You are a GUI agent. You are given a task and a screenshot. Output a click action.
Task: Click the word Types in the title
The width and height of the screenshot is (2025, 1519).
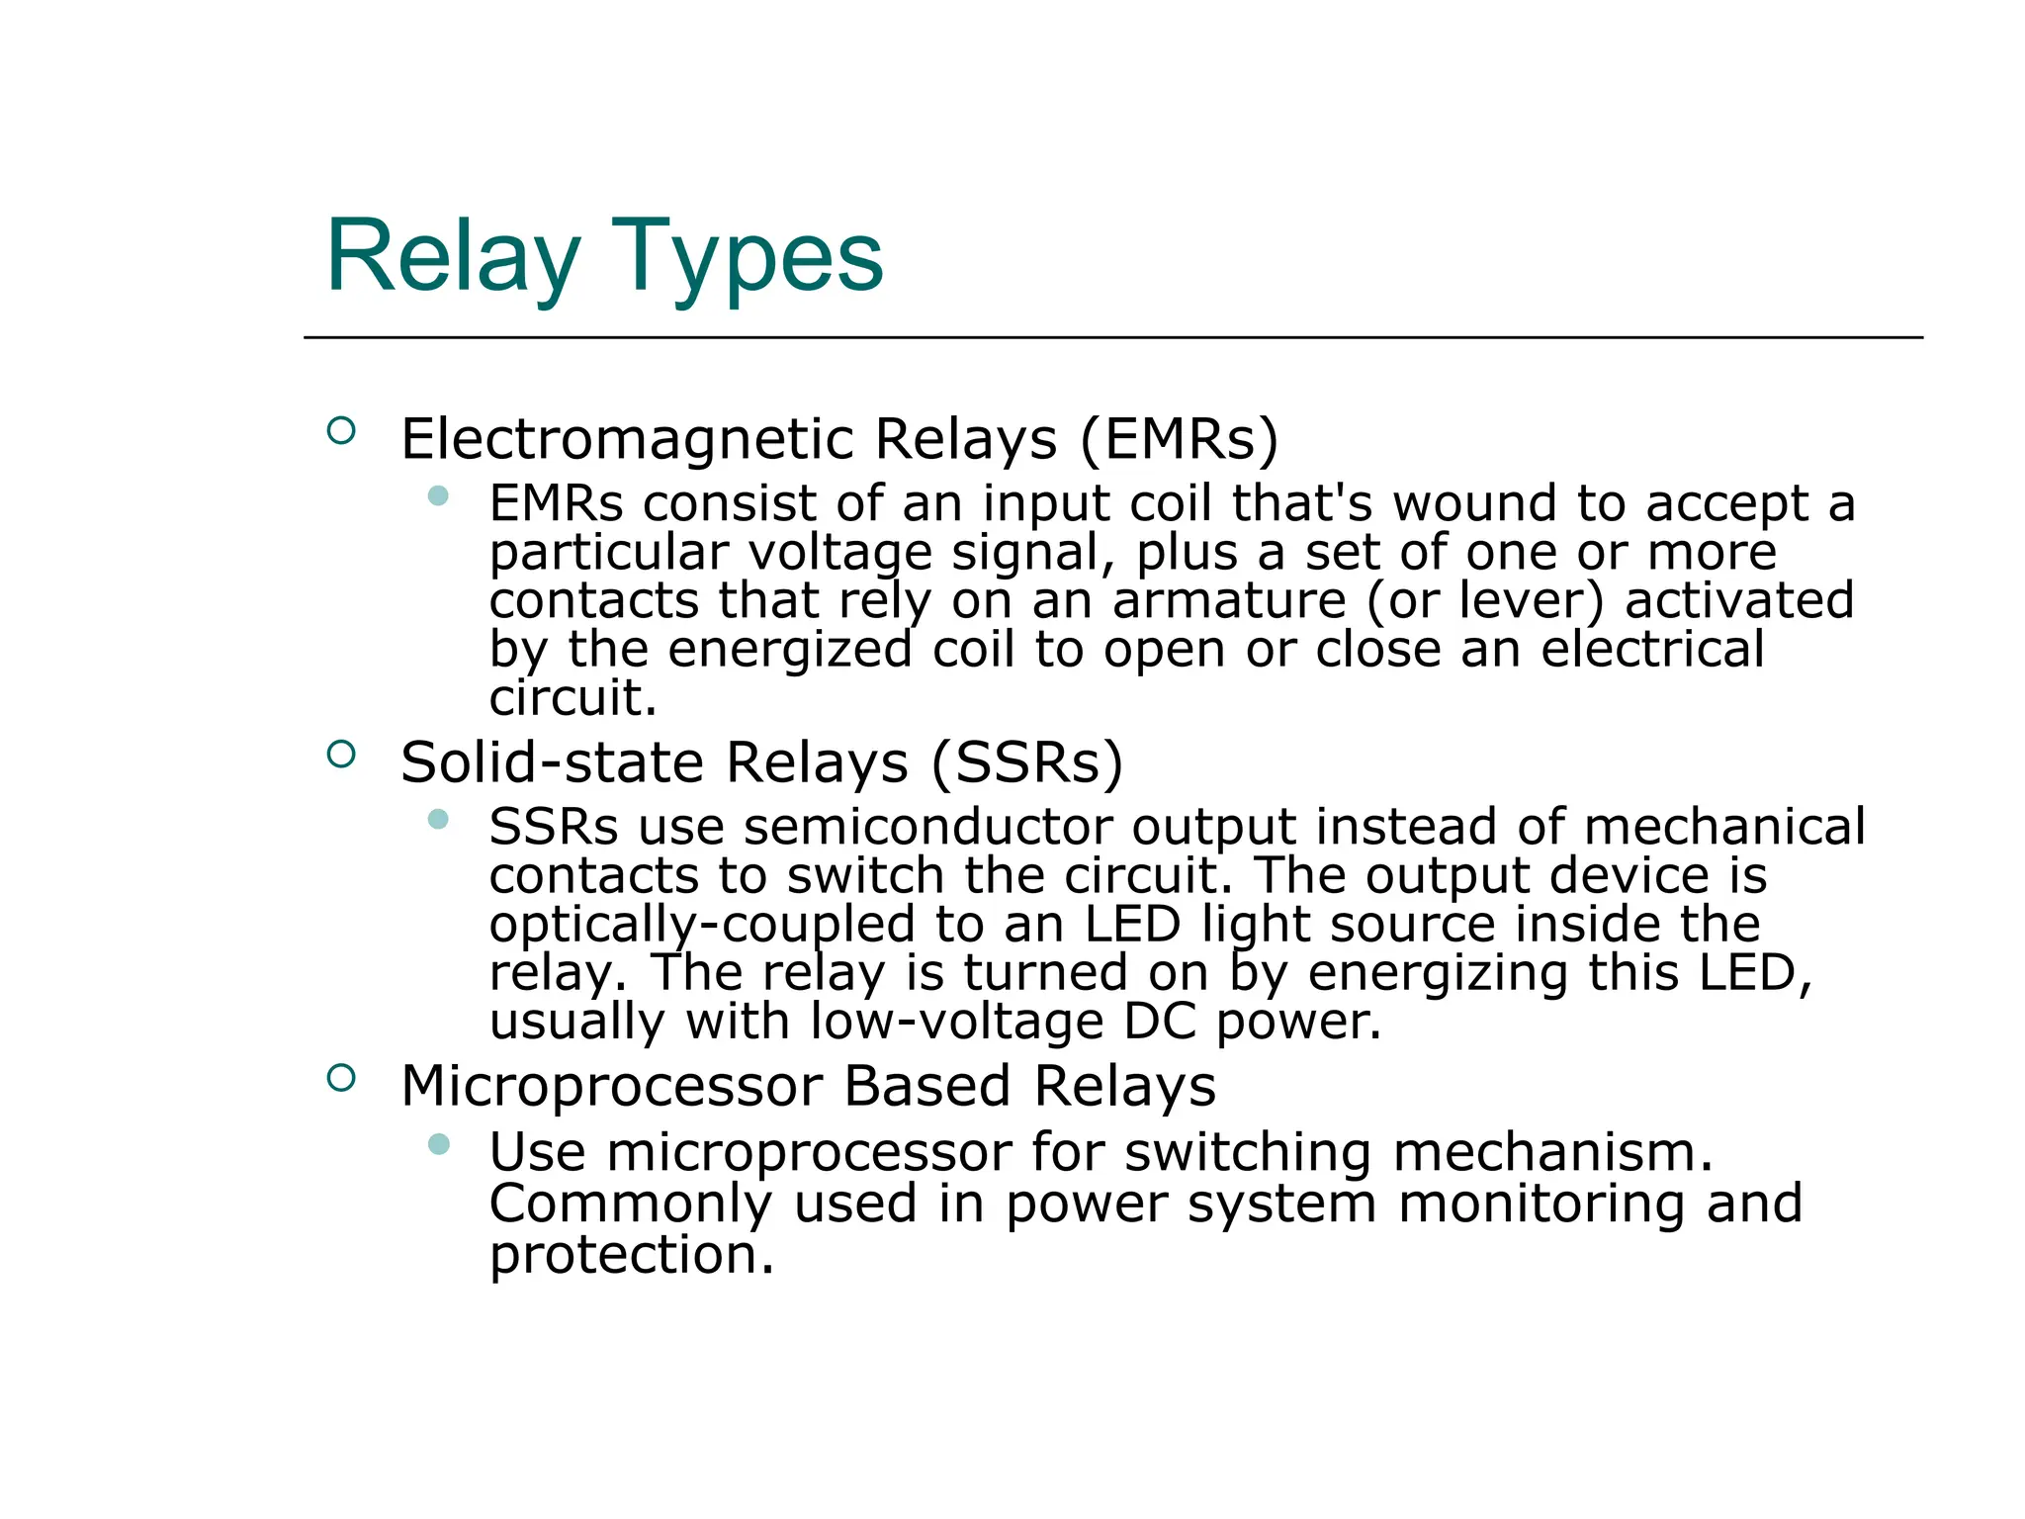point(747,259)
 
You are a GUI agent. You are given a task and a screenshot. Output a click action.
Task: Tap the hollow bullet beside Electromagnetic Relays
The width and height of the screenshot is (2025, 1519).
point(341,431)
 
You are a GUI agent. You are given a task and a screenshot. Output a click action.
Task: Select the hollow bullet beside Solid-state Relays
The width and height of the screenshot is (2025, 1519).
point(341,755)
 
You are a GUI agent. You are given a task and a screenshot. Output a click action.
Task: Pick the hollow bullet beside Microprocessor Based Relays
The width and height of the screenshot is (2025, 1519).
point(341,1078)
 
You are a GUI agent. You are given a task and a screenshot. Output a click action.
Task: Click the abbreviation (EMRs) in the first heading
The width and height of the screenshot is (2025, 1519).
point(1179,439)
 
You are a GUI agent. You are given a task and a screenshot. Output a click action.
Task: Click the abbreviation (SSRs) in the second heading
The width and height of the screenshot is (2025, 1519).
point(1026,762)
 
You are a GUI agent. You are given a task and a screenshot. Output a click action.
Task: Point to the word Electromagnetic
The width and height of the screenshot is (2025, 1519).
point(627,439)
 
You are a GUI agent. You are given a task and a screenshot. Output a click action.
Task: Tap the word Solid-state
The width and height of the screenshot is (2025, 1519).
point(552,762)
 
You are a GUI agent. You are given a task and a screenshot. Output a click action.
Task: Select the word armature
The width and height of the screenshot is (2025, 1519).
point(1229,600)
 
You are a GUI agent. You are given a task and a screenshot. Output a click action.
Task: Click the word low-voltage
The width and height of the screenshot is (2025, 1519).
point(955,1022)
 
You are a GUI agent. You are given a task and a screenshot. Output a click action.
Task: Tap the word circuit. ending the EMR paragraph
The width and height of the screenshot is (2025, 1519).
point(572,698)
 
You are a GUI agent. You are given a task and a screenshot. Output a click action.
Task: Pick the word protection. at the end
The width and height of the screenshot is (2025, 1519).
point(631,1255)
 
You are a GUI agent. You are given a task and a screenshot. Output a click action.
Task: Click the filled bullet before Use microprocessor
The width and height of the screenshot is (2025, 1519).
point(439,1144)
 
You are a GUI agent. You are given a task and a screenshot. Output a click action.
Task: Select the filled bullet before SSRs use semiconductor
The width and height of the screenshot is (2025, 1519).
point(439,819)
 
